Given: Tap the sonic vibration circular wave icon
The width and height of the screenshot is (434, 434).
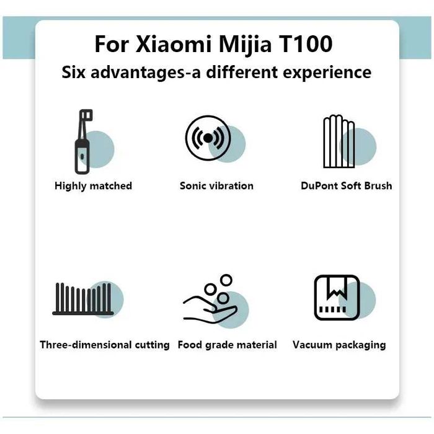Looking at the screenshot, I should click(x=207, y=138).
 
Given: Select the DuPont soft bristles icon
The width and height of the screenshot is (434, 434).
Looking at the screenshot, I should click(x=339, y=141).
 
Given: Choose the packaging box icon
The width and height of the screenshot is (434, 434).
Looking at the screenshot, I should click(x=336, y=298).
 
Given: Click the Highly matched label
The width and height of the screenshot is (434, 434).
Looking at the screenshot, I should click(x=93, y=185).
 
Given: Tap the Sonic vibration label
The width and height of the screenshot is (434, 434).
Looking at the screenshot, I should click(x=216, y=185).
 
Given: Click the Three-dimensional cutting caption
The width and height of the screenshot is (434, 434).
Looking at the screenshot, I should click(x=104, y=345).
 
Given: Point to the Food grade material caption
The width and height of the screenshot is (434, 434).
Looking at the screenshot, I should click(x=227, y=345).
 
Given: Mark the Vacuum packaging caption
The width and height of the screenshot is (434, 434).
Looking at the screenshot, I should click(x=339, y=345).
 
